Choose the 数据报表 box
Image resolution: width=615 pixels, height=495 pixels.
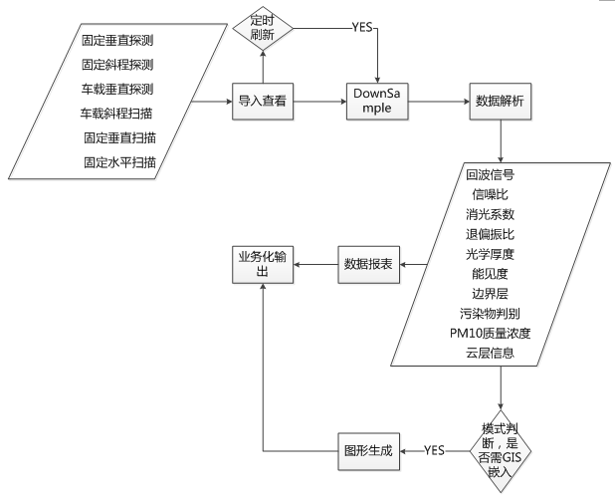point(370,264)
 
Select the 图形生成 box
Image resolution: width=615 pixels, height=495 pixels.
point(370,450)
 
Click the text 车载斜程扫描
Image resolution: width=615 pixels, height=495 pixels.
point(116,114)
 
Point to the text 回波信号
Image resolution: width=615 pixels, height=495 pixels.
point(490,175)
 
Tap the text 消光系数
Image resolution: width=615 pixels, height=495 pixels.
point(490,214)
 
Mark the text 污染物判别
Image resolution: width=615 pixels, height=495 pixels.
point(490,313)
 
